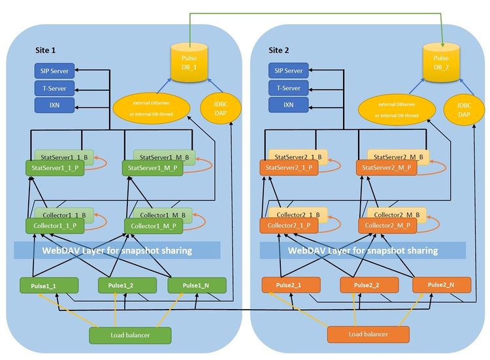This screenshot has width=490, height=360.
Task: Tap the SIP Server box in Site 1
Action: [54, 70]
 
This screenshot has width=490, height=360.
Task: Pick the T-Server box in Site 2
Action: [287, 88]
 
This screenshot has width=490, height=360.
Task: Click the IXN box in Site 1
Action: [54, 105]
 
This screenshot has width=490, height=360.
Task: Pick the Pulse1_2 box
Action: [127, 286]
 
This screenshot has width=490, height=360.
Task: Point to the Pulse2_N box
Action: [441, 286]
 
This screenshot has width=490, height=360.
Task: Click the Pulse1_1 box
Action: [50, 286]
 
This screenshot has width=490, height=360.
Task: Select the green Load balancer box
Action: [130, 335]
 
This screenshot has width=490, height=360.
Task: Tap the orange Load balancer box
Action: [368, 335]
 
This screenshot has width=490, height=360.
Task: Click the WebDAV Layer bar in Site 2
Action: [363, 250]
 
